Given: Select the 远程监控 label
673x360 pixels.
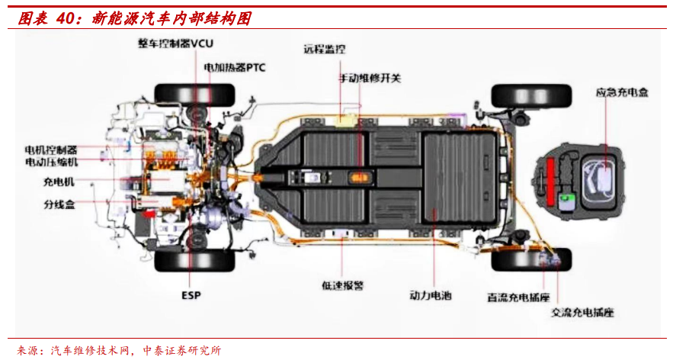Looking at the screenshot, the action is coord(324,50).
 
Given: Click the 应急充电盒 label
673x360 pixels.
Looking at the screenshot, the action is coord(622,92).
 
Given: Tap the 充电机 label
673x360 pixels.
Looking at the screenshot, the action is coord(59,182).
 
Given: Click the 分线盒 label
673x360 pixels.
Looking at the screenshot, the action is coord(59,204).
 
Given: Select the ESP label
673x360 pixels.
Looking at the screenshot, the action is coord(191,295).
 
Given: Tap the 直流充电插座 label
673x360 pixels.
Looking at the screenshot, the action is coord(519,296).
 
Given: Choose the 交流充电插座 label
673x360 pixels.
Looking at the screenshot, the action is coord(582,313).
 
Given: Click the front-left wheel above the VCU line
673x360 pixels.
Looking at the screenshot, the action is coord(195,95).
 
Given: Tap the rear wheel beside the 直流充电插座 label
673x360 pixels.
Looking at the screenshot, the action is coord(531,259).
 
